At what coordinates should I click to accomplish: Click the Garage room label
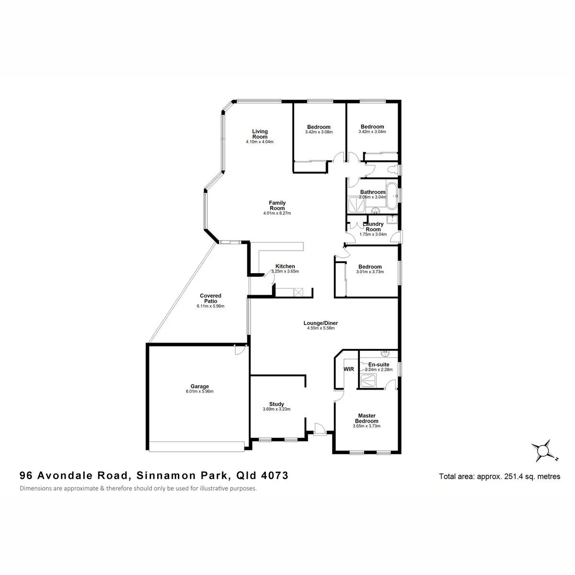click(x=200, y=386)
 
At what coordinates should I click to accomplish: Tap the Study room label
click(x=276, y=404)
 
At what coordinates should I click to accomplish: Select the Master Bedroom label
click(x=367, y=418)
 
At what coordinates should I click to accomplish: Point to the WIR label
click(x=348, y=369)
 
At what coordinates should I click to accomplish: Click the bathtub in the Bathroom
click(x=391, y=196)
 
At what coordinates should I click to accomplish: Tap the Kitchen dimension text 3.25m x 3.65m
click(x=285, y=271)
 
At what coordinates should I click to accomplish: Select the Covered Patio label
click(x=210, y=298)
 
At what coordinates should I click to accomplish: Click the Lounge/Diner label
click(x=321, y=323)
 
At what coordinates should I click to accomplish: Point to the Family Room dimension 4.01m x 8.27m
click(x=277, y=213)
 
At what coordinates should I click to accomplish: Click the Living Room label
click(x=260, y=134)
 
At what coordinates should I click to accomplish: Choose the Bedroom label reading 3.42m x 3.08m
click(x=319, y=127)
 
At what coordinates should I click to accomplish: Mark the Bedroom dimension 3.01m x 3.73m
click(x=370, y=272)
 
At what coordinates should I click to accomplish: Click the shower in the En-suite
click(x=368, y=380)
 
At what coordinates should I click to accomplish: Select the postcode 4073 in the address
click(x=275, y=475)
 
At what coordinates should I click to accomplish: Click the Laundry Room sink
click(x=392, y=219)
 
